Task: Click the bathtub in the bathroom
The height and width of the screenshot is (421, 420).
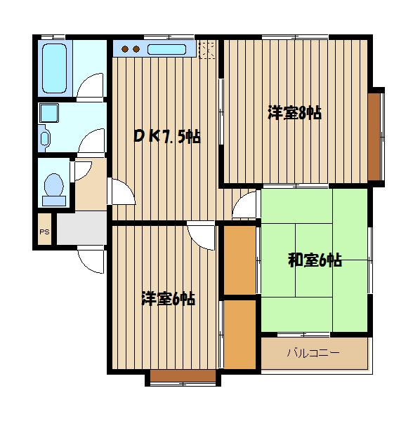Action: (55, 69)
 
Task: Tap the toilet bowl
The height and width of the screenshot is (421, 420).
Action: (54, 185)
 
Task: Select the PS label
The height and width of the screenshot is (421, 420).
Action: (45, 232)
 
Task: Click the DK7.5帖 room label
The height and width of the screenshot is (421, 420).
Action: (167, 137)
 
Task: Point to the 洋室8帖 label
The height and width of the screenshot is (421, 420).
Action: (294, 113)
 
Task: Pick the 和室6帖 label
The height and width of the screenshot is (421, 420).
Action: (315, 260)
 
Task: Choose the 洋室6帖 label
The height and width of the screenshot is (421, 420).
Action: (169, 298)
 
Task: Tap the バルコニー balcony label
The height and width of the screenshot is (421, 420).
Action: (313, 352)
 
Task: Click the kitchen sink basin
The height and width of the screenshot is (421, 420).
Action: (166, 49)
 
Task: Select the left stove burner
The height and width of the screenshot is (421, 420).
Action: (125, 49)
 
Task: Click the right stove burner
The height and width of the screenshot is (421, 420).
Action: (136, 49)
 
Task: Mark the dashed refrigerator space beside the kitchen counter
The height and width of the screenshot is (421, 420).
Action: (207, 49)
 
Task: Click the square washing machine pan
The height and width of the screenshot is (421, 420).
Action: (49, 113)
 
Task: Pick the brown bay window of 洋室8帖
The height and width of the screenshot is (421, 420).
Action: (374, 137)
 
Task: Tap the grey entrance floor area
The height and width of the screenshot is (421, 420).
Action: (81, 228)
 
